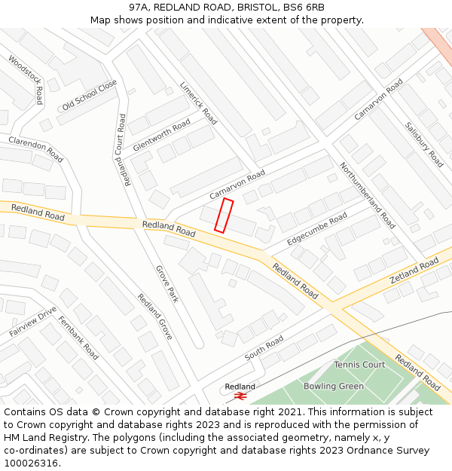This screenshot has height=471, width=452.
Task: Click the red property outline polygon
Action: pos(224,216)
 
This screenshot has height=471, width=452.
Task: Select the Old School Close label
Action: pos(90,95)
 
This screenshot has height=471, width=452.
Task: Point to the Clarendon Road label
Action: pos(35,149)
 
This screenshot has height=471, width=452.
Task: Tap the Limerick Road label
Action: pos(198,103)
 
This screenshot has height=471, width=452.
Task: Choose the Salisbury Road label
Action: pos(424,144)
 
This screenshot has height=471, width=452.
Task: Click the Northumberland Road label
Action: pos(367,195)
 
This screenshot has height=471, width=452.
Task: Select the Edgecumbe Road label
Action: pos(317,228)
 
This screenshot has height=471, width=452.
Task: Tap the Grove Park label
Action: pos(167,283)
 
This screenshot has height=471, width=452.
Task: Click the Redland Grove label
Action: pos(155,317)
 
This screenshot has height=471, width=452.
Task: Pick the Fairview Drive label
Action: pos(33,322)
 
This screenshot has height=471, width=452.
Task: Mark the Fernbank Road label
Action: pos(78,341)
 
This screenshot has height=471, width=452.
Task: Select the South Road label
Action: pos(264,348)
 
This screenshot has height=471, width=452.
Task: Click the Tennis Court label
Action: pos(359,365)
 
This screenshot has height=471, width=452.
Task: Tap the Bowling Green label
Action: pos(334,387)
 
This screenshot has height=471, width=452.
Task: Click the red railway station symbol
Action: pos(241,395)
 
